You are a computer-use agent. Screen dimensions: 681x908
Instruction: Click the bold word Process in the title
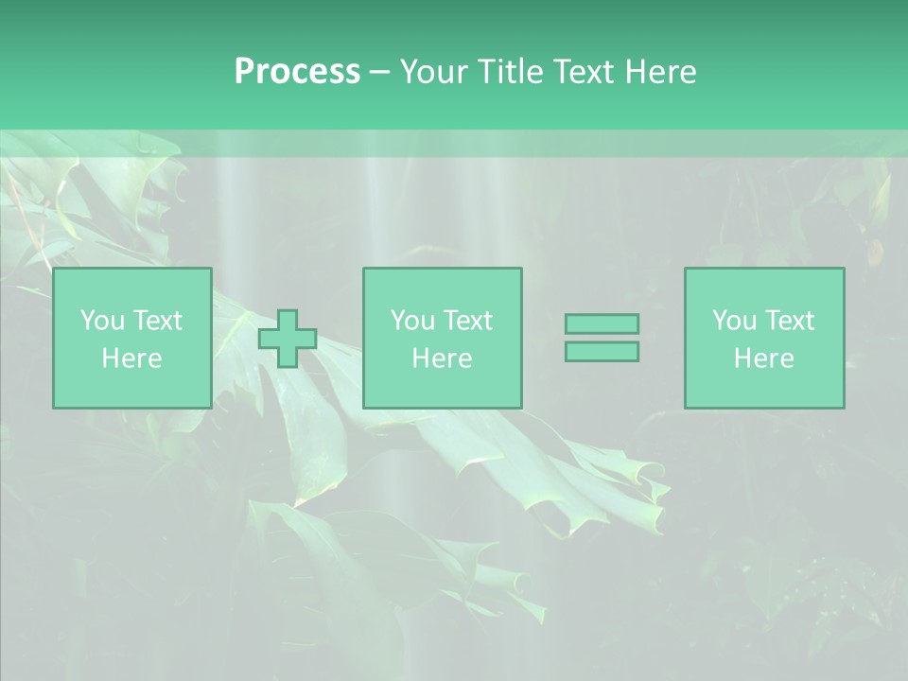(297, 72)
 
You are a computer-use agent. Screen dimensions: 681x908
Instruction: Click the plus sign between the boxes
(288, 339)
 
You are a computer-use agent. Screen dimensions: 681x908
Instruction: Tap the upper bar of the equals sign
(602, 323)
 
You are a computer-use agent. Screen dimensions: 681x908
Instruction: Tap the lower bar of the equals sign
(602, 352)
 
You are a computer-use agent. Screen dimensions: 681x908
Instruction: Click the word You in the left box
(102, 321)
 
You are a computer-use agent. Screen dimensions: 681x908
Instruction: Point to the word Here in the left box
(131, 358)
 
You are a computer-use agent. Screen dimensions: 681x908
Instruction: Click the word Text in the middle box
(468, 321)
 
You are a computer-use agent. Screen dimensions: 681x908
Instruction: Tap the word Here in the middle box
(442, 358)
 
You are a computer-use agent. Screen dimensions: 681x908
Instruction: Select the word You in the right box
(734, 321)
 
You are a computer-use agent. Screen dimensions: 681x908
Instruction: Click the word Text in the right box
(790, 321)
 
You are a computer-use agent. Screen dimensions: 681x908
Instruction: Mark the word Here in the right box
(763, 358)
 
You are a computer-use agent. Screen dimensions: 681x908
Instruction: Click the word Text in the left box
(158, 321)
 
